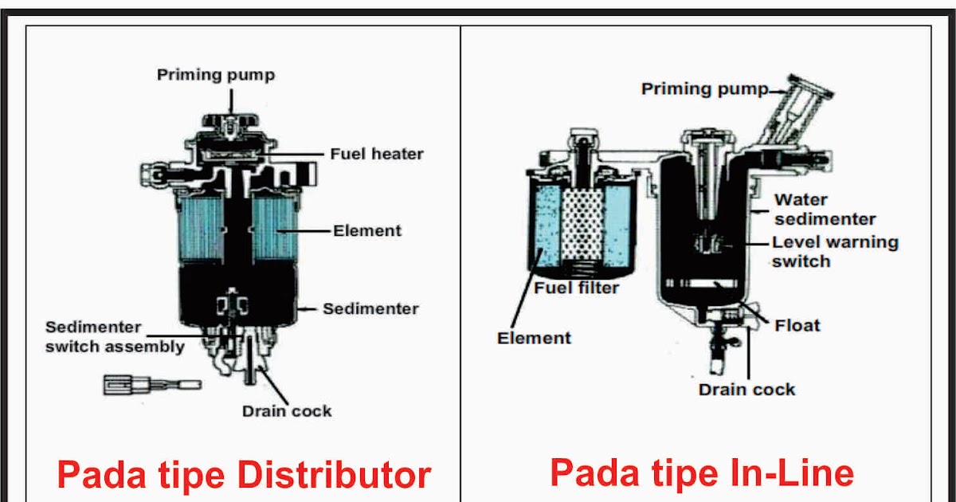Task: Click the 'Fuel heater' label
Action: click(x=376, y=153)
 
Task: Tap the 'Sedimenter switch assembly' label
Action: click(x=115, y=337)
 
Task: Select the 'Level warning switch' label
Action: click(x=834, y=252)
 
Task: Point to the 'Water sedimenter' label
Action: click(x=825, y=209)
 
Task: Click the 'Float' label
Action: click(x=797, y=325)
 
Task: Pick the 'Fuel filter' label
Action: click(x=576, y=288)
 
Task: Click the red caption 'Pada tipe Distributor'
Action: click(x=244, y=476)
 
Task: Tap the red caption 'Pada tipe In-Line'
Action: click(x=702, y=473)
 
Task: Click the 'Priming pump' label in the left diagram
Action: click(x=215, y=75)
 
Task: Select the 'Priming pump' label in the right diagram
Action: click(x=704, y=88)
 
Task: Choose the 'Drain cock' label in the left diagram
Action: click(x=287, y=411)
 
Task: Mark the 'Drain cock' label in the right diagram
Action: click(x=746, y=390)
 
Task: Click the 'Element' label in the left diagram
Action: click(x=367, y=231)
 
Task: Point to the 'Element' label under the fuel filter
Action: click(x=534, y=338)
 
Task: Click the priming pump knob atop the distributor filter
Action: click(x=230, y=124)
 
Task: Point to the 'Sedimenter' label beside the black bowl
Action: click(x=370, y=308)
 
